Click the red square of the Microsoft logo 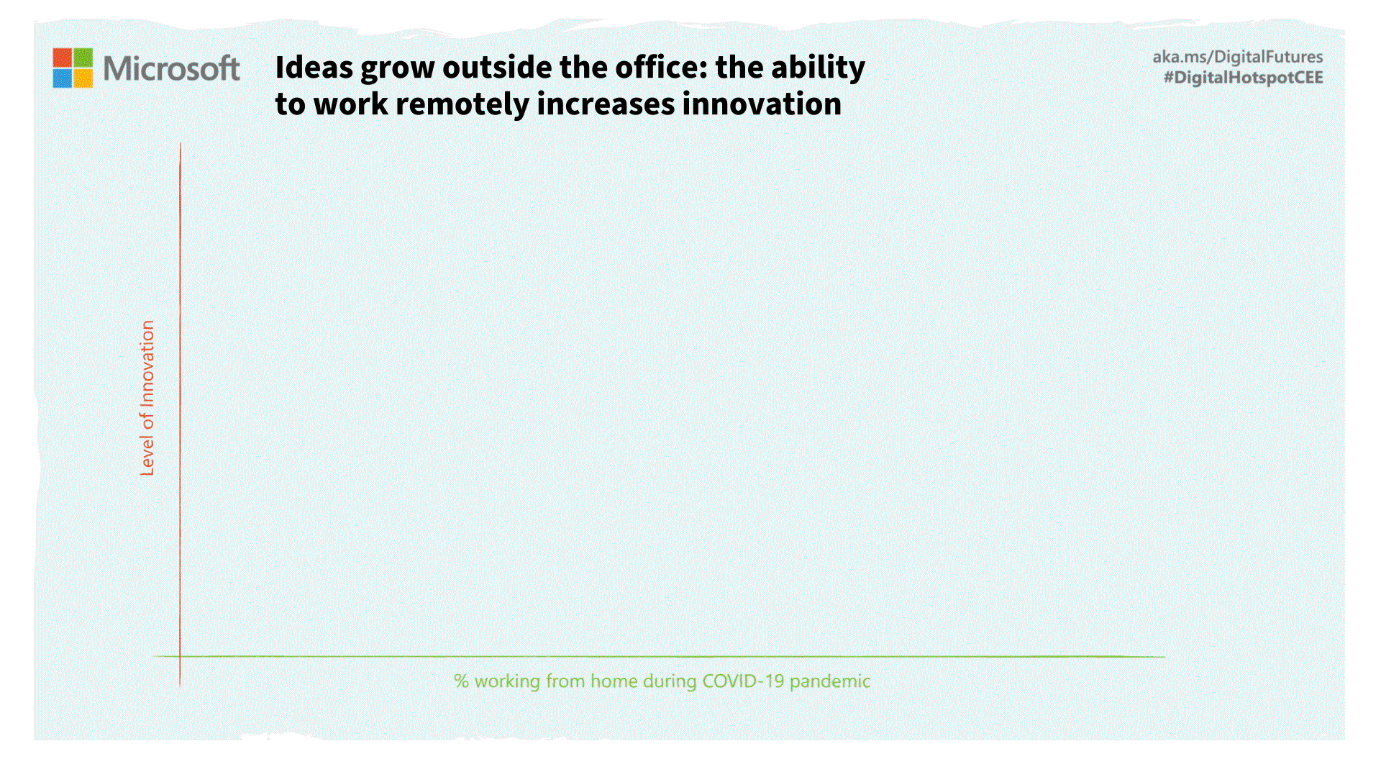coord(62,58)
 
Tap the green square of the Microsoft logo coord(83,58)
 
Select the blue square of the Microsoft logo coord(62,78)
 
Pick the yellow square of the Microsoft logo coord(83,78)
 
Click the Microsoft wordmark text coord(171,68)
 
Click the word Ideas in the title coord(314,68)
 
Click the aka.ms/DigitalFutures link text coord(1237,57)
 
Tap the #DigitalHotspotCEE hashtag coord(1243,78)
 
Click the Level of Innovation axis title coord(147,398)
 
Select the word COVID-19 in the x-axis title coord(743,681)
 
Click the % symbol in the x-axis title coord(461,681)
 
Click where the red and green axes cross coord(180,656)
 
